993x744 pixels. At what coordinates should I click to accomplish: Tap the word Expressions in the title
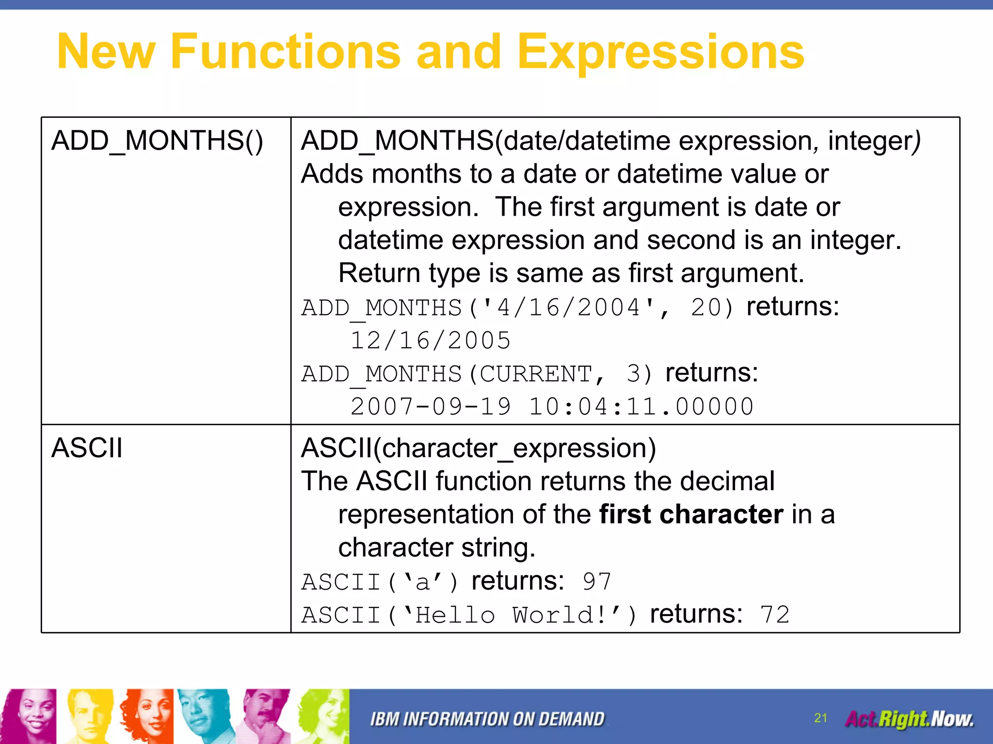click(660, 52)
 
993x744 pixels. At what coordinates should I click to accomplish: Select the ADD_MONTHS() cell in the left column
click(157, 141)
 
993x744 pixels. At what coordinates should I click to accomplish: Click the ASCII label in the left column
click(87, 448)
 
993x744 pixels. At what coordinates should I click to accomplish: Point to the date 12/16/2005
click(430, 341)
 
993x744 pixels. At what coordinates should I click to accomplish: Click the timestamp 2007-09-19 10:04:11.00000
click(552, 406)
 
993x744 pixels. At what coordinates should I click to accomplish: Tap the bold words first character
click(691, 514)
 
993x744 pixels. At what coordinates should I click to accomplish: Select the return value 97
click(597, 582)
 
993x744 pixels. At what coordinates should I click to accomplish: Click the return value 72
click(775, 615)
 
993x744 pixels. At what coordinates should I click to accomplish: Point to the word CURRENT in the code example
click(536, 374)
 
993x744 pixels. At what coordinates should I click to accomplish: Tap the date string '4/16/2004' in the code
click(569, 308)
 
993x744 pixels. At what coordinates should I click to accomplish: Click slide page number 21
click(820, 718)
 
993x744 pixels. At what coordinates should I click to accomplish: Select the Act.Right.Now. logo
click(909, 719)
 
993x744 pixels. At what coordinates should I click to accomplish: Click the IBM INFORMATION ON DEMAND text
click(487, 719)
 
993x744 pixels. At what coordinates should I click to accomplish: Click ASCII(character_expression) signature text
click(478, 448)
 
